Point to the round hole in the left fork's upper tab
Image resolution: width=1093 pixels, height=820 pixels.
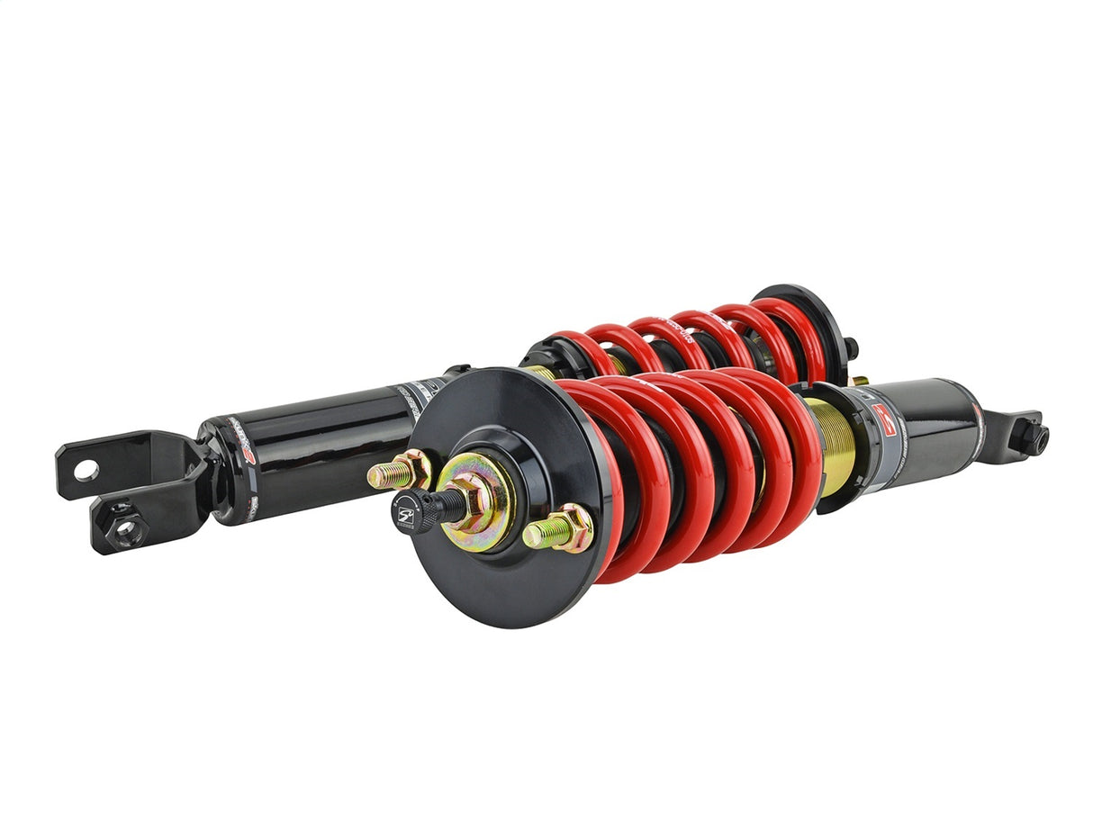(86, 469)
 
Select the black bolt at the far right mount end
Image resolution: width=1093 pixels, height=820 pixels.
(1035, 439)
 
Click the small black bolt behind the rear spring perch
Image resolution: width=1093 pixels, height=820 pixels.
(851, 346)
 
